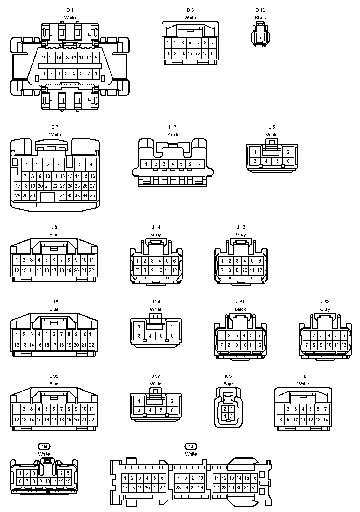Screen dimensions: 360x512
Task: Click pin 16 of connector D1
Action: click(x=44, y=58)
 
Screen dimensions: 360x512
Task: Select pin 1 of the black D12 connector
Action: click(x=260, y=37)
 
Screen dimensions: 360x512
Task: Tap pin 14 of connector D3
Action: click(x=213, y=53)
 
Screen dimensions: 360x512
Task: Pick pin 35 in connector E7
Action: click(x=92, y=195)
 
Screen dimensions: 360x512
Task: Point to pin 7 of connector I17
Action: click(x=199, y=164)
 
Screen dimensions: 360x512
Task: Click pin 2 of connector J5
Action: click(x=288, y=152)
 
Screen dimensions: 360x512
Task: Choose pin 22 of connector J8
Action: click(x=91, y=270)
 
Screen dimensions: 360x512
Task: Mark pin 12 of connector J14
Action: click(x=175, y=270)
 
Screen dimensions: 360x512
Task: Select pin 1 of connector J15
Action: click(x=222, y=261)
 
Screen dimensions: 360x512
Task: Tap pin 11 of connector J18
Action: click(x=91, y=334)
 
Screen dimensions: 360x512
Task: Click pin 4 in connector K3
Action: click(x=225, y=416)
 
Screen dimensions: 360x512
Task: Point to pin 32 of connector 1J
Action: click(x=254, y=487)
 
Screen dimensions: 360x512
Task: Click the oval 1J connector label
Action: click(x=191, y=446)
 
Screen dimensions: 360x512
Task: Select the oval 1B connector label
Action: click(x=44, y=446)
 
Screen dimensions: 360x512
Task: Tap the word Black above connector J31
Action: click(x=240, y=309)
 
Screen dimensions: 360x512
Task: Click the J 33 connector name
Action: click(x=325, y=302)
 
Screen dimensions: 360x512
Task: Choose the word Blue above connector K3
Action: click(x=228, y=384)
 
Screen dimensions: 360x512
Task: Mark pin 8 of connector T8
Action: click(x=281, y=420)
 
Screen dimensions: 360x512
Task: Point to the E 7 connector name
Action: click(x=55, y=127)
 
